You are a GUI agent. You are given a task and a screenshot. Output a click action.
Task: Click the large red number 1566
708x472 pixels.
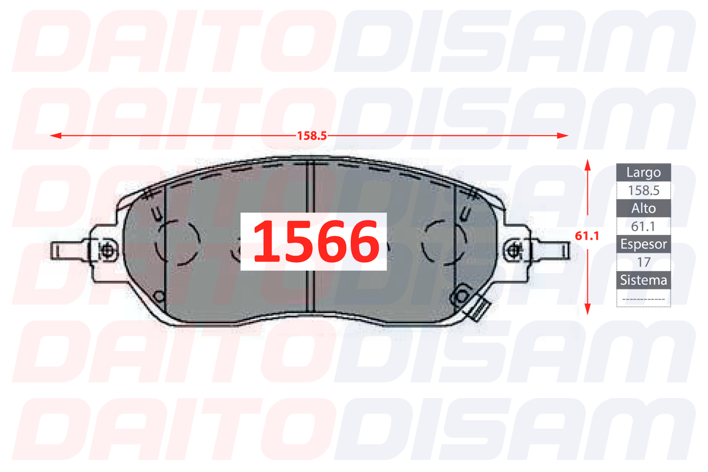coord(316,242)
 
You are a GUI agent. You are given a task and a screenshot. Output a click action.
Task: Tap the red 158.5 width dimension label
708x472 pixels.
coord(312,136)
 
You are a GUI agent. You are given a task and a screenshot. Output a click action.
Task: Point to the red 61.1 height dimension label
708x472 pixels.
coord(587,236)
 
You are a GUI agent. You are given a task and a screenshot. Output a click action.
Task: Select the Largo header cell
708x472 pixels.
coord(643,173)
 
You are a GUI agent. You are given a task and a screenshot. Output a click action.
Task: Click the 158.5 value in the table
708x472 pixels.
coord(643,190)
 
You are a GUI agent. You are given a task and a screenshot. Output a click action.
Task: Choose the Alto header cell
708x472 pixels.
coord(643,208)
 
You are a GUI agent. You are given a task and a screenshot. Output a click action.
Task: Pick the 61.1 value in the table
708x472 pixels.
coord(643,227)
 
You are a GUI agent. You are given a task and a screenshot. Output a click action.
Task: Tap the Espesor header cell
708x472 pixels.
coord(643,244)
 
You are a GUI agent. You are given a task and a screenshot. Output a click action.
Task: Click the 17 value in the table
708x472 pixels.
coord(643,262)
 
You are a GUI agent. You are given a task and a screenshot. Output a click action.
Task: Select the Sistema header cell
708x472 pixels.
coord(643,280)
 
